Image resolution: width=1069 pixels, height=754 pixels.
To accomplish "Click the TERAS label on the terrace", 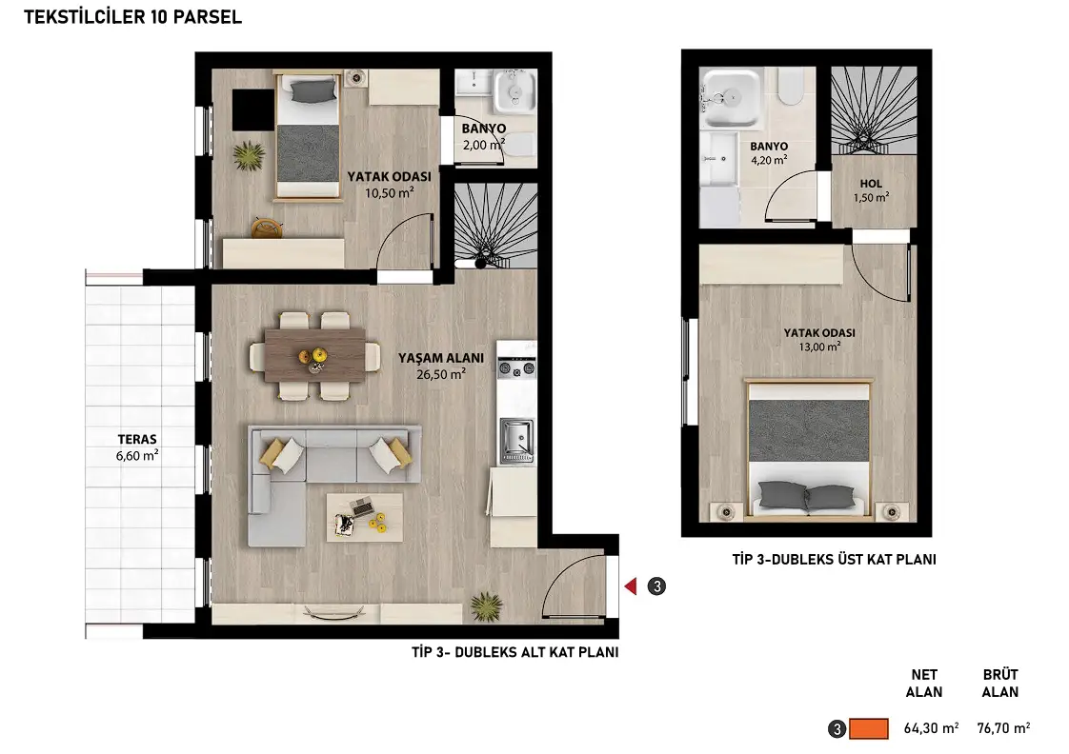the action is point(137,439).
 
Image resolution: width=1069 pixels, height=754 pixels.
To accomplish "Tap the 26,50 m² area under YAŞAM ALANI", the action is point(441,374).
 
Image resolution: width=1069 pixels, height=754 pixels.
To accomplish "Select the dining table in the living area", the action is point(315,355).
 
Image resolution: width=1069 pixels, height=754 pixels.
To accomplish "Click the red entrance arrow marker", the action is point(631,585).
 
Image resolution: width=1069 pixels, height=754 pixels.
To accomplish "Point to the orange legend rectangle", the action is point(869,729).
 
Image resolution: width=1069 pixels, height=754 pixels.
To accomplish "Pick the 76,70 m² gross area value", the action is point(1003,728).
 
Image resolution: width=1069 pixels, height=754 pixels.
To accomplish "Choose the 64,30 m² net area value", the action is point(931,728).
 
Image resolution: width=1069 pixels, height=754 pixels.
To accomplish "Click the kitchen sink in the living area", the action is point(516,437).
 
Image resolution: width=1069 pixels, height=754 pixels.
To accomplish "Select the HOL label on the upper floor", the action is point(871,183).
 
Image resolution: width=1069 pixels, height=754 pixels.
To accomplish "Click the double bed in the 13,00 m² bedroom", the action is point(809,448).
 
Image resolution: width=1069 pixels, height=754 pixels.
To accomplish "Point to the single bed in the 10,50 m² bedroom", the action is point(308,136).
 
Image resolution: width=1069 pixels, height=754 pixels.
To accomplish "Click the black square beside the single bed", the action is point(252,109).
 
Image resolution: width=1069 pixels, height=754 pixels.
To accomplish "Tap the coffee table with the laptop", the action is point(364,517).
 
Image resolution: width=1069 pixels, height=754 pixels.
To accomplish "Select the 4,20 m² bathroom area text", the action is point(769,161).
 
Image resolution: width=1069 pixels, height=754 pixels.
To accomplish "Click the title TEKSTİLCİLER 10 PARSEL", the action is point(133,17).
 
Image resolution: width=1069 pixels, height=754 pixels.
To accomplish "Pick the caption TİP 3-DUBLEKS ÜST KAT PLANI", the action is point(834,559).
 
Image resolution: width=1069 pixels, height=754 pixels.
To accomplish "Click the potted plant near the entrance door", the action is point(486,605).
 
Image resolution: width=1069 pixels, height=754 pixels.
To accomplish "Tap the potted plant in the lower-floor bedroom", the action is point(249,155).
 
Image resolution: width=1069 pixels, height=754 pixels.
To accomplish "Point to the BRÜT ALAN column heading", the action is point(1000,684).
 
